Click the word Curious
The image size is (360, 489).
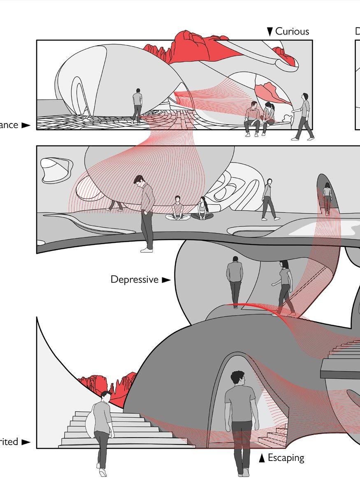292,32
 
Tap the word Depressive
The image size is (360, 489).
135,279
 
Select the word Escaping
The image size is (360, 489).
286,458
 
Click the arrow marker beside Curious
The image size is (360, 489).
270,32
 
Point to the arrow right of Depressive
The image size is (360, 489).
166,280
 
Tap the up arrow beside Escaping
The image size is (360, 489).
262,458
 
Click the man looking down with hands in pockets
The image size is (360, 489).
146,210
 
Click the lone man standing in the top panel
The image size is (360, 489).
137,105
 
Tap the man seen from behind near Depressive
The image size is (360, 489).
235,280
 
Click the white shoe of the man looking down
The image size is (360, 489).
146,249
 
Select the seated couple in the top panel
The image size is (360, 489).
259,117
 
